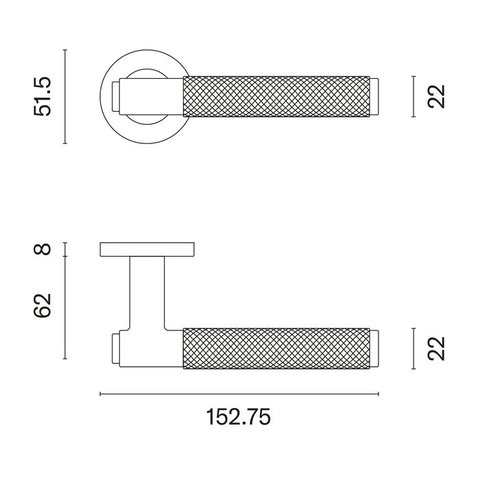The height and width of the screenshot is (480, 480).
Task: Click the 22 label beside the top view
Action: (x=435, y=97)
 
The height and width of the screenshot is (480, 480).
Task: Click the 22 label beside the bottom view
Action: (x=435, y=348)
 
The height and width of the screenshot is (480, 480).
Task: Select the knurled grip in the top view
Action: (x=277, y=97)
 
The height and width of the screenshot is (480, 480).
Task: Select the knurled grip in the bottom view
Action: (x=277, y=348)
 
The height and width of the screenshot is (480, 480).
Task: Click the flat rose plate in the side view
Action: (x=147, y=250)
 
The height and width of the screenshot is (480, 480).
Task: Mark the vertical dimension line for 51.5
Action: (x=64, y=97)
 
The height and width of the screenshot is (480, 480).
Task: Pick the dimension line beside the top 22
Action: (x=413, y=97)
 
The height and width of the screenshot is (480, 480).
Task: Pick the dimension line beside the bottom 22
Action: (x=413, y=348)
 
